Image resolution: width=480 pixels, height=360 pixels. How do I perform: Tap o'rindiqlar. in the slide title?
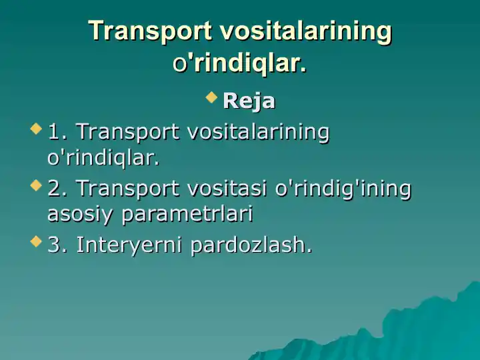[x=240, y=63]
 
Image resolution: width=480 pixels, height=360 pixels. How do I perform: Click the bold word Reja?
[x=249, y=101]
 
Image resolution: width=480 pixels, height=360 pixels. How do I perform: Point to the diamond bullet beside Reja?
[x=211, y=98]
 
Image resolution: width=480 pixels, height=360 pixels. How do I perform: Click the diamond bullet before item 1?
[x=36, y=128]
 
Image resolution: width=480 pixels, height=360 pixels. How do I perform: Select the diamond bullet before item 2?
[x=36, y=185]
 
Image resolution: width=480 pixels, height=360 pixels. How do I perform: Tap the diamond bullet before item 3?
[x=36, y=241]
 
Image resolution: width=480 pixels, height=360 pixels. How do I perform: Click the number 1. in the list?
[x=58, y=132]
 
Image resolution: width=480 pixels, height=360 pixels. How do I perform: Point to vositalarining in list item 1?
[x=259, y=133]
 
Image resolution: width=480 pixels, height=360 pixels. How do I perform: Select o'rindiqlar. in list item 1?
[x=103, y=158]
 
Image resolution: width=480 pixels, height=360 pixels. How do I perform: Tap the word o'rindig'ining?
[x=343, y=189]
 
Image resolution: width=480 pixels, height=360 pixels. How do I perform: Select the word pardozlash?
[x=251, y=245]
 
